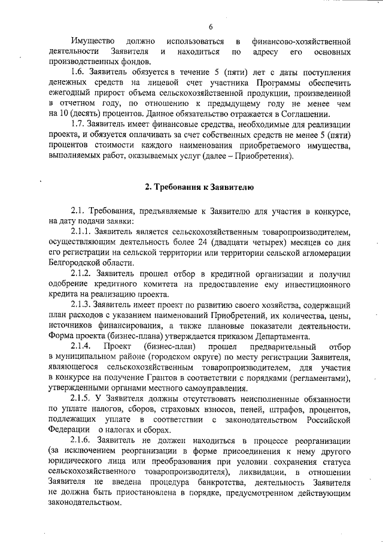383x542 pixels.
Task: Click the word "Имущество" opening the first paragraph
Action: [x=92, y=41]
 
